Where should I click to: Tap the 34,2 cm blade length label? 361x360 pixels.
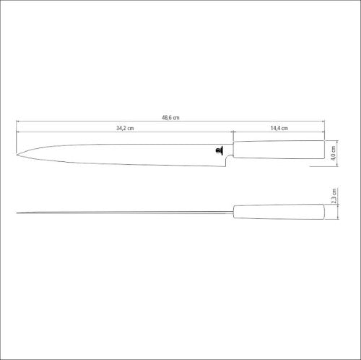coord(125,128)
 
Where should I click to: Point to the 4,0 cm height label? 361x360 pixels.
coord(334,153)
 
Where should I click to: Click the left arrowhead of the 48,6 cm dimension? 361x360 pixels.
coord(17,122)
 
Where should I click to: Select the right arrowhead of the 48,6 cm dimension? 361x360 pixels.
coord(323,122)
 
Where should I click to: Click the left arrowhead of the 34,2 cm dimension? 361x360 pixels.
coord(17,132)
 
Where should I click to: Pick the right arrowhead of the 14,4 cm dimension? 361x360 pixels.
coord(323,132)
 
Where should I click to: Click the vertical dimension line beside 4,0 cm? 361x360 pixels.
coord(326,153)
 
